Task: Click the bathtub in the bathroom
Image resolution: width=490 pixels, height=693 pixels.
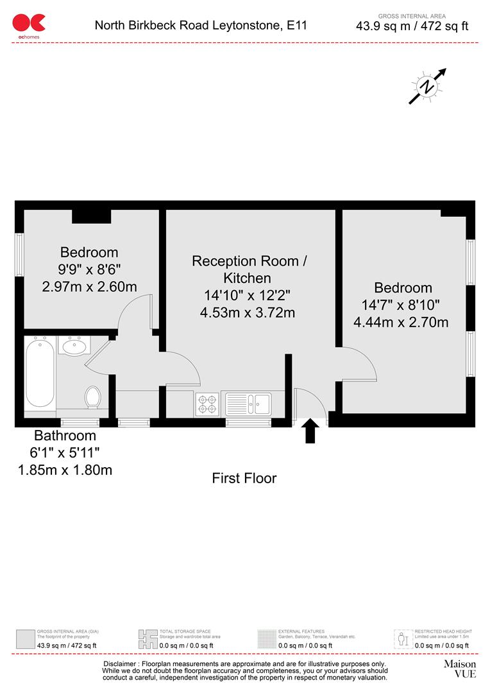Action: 39,373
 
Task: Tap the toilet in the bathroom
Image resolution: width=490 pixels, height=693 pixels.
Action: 93,397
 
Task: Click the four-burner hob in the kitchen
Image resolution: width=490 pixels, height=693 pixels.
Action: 207,403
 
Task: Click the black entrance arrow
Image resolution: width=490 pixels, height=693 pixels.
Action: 310,431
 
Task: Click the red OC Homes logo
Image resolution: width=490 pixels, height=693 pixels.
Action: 29,24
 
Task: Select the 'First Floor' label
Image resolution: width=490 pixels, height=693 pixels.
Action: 244,478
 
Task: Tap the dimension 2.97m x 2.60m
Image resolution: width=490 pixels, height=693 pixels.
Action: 89,287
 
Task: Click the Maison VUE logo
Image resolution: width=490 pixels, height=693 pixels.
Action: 460,669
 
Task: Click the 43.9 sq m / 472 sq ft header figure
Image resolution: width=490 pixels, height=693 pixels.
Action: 412,26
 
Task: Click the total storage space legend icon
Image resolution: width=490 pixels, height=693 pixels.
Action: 148,639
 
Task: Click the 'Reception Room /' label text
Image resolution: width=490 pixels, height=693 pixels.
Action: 249,261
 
